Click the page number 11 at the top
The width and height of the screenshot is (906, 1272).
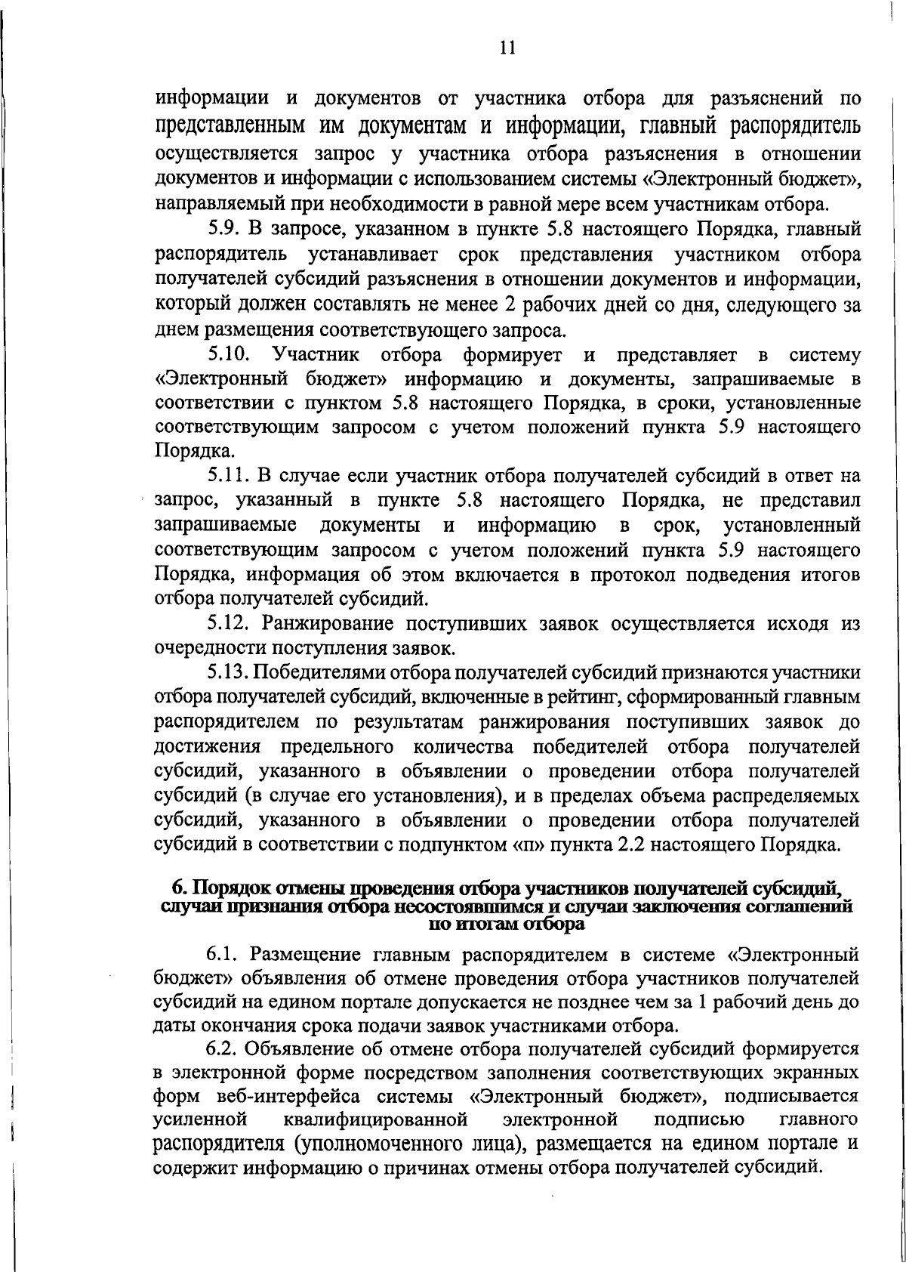tap(507, 48)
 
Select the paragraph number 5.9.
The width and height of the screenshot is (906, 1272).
tap(223, 228)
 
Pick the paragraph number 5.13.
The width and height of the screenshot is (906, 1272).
tap(229, 672)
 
